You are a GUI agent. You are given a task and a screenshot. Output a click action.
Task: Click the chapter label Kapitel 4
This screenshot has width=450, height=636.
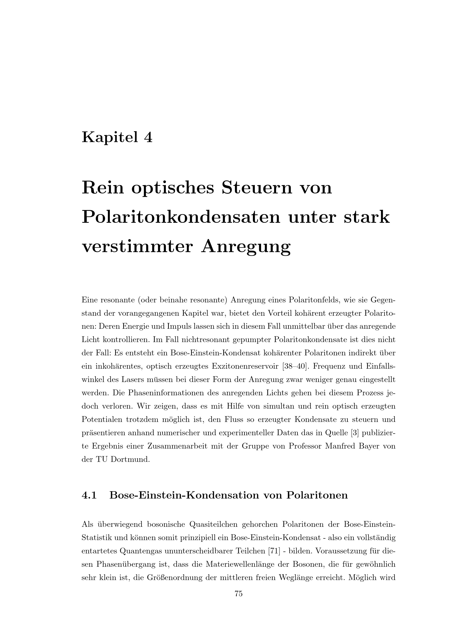(117, 137)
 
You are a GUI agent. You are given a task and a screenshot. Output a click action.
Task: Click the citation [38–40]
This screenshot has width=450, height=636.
(294, 366)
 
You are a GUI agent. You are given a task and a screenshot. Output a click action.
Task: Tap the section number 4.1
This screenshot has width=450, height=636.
(89, 495)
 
